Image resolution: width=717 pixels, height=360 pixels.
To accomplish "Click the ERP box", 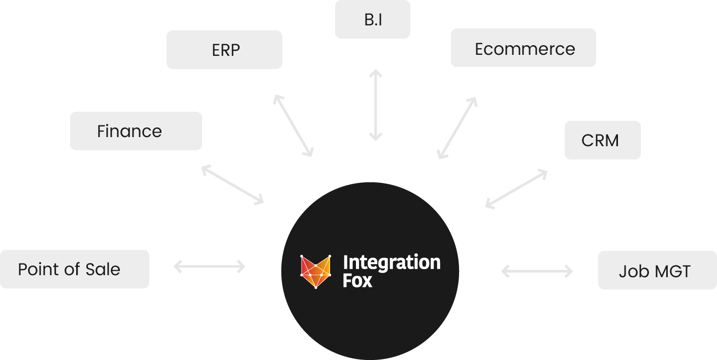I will click(224, 50).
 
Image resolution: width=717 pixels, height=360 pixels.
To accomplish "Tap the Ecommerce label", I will click(525, 49).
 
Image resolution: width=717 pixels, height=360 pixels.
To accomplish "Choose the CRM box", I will click(602, 140).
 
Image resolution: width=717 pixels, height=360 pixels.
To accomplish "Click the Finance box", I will click(136, 131).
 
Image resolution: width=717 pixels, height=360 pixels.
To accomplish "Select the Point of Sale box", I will click(74, 269).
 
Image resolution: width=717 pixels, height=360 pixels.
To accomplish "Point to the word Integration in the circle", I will click(392, 263).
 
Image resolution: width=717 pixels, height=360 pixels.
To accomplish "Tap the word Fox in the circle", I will click(357, 280).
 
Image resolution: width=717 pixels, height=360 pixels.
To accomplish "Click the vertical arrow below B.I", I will click(375, 105).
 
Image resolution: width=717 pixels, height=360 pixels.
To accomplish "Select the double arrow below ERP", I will click(293, 125).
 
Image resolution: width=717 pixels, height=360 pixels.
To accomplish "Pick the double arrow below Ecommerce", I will click(458, 127).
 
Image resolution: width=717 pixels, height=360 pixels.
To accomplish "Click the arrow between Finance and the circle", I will click(233, 185).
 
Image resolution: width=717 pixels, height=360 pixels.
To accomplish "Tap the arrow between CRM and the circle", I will click(516, 189).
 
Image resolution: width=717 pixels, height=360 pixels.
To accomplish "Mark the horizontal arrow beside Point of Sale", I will click(209, 266).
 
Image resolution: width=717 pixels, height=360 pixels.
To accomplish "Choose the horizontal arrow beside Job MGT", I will click(537, 272).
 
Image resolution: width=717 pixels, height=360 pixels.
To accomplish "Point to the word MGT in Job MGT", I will click(672, 271).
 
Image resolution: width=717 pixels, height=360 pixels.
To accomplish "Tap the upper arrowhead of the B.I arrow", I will click(375, 74).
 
